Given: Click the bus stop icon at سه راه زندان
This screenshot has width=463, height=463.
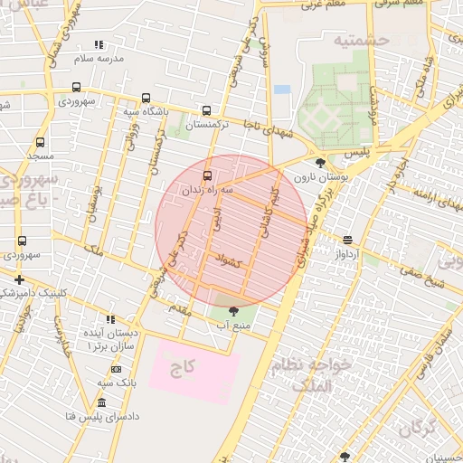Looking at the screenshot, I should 208,175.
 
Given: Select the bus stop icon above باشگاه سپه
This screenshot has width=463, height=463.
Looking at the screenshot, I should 146,99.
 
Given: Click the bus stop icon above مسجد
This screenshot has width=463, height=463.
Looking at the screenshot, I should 40,142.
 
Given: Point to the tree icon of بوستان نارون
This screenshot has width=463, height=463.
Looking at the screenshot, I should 319,164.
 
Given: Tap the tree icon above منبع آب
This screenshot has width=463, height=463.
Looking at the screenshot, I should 234,311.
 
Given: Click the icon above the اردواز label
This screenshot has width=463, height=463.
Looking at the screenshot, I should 347,240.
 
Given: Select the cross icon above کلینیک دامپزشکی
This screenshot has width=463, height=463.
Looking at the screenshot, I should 19,279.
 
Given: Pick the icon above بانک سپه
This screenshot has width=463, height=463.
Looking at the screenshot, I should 116,369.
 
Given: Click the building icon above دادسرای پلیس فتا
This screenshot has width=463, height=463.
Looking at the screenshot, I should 100,402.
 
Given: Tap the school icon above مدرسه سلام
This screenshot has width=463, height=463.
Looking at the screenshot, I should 99,44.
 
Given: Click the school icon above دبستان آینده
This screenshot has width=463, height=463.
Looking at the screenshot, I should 110,319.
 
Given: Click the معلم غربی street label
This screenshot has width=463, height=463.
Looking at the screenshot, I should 324,5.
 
